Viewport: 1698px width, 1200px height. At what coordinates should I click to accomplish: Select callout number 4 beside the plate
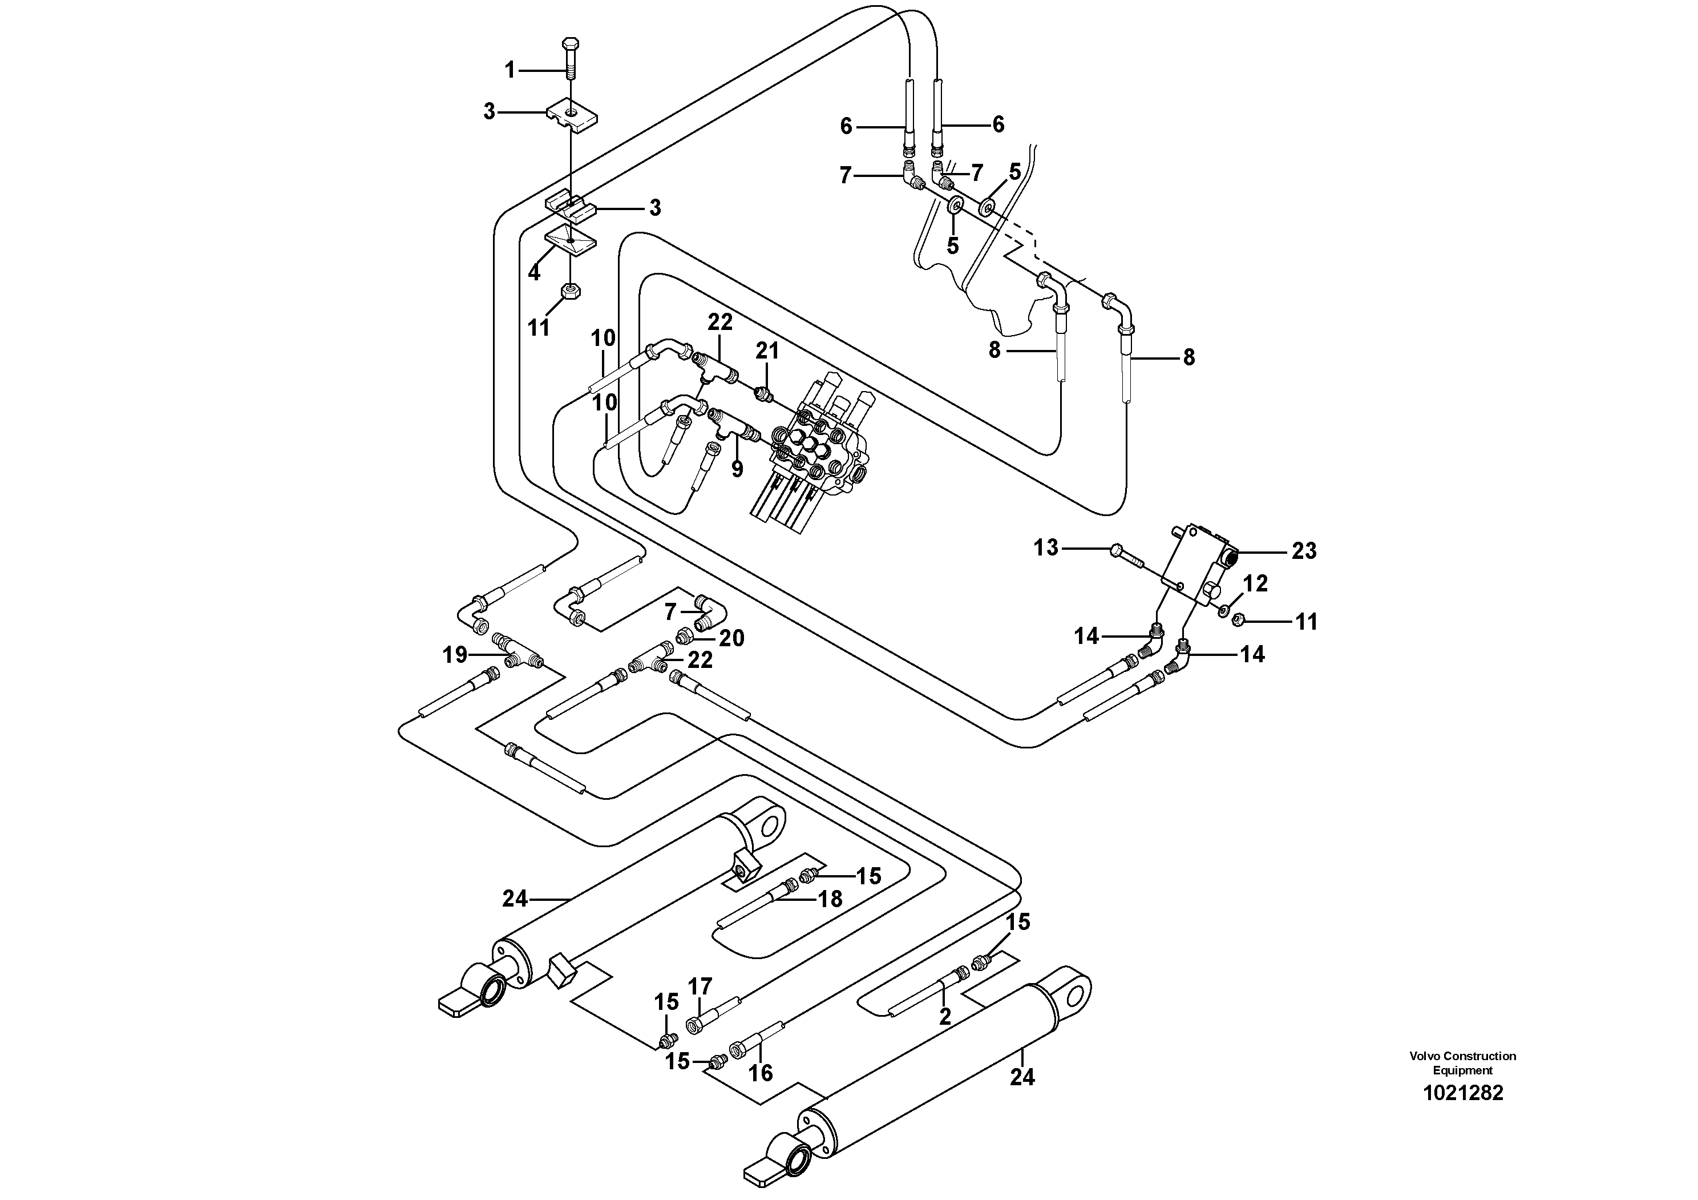(x=534, y=272)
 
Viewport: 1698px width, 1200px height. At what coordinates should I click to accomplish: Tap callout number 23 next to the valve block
(x=1304, y=550)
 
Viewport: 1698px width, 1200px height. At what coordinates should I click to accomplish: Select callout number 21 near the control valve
(x=767, y=351)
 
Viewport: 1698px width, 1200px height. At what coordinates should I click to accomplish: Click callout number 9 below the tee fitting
(x=737, y=468)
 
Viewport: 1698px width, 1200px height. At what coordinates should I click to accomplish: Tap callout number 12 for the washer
(x=1255, y=583)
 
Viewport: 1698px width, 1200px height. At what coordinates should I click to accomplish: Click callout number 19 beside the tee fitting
(x=455, y=654)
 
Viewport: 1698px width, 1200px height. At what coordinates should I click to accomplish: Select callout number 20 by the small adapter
(x=731, y=638)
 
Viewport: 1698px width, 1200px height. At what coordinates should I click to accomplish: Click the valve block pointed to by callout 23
(x=1194, y=562)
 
